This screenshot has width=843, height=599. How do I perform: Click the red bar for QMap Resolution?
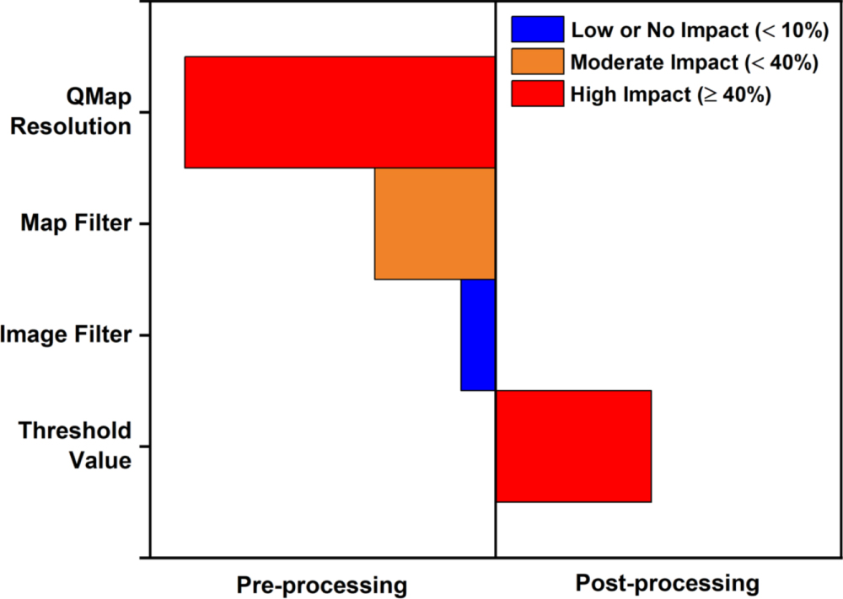tap(340, 112)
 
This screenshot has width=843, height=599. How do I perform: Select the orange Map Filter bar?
tap(434, 223)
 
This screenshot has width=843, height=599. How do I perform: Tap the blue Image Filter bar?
tap(478, 334)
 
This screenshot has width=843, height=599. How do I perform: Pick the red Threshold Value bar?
tap(573, 446)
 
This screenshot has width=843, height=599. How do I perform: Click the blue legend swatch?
tap(537, 30)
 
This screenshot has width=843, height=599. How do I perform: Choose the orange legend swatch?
tap(537, 62)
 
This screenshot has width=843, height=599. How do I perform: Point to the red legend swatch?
tap(537, 94)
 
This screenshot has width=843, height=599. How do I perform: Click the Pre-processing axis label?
tap(321, 584)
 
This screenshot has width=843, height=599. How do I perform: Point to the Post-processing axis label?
tap(667, 582)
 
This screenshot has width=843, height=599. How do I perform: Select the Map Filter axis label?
tap(76, 223)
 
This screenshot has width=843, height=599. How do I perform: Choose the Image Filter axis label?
tap(67, 334)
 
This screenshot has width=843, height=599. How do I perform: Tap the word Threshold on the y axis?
tap(76, 431)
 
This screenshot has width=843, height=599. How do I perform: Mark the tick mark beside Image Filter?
tap(144, 334)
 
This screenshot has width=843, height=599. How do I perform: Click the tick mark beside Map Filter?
tap(144, 223)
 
